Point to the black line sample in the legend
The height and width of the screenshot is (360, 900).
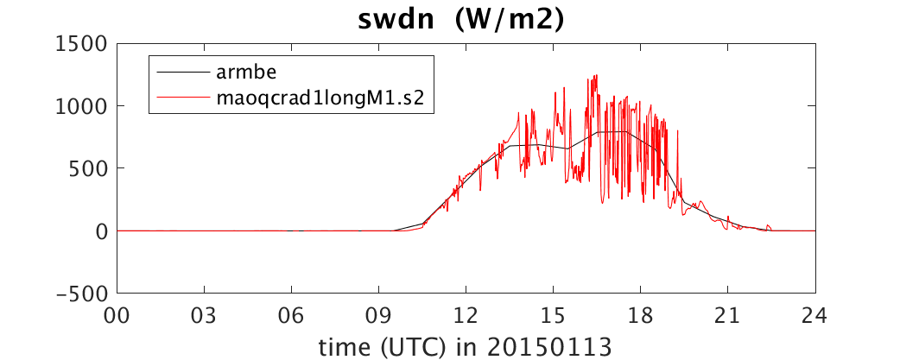pyautogui.click(x=182, y=73)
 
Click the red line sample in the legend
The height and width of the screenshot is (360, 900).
pyautogui.click(x=182, y=98)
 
